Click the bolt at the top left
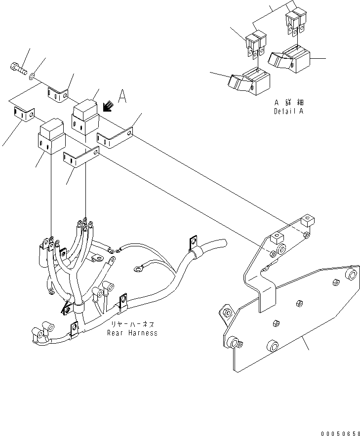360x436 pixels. [17, 69]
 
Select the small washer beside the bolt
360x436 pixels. [32, 76]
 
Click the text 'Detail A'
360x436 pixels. [289, 112]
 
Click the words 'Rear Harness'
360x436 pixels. [132, 333]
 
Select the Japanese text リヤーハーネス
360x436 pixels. [132, 324]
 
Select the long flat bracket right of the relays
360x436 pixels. [116, 137]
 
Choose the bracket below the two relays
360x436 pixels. [80, 158]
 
